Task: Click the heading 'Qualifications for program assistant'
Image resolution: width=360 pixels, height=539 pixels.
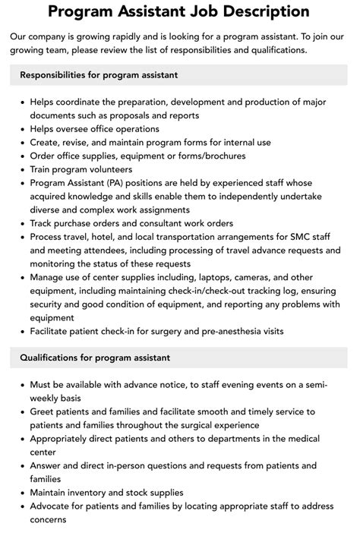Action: [x=95, y=358]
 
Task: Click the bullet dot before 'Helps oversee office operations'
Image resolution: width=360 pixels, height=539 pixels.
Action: [x=23, y=130]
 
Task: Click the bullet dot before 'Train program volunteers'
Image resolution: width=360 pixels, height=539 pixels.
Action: [x=23, y=170]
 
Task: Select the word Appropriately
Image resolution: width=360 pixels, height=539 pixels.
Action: [x=64, y=439]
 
